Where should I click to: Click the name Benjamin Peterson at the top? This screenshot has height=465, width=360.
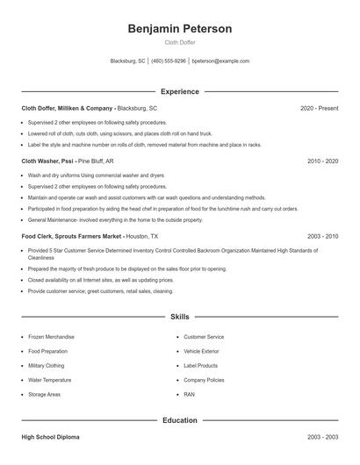coord(179,29)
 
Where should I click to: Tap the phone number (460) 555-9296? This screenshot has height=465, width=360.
coord(169,61)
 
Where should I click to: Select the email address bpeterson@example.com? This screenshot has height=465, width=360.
coord(220,61)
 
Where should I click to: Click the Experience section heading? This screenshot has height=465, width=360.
coord(179,91)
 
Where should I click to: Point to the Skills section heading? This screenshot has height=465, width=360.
coord(179,316)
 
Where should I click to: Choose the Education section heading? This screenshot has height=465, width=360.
coord(179,420)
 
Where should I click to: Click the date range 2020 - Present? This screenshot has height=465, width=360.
coord(318,108)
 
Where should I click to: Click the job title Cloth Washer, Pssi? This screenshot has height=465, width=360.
coord(48,161)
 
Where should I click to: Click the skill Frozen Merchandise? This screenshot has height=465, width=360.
coord(51,337)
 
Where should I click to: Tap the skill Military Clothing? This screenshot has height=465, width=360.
coord(47,366)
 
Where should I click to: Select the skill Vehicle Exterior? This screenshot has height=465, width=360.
coord(202,351)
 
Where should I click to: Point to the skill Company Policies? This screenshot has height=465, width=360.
coord(204,380)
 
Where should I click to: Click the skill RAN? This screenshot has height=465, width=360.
coord(189,395)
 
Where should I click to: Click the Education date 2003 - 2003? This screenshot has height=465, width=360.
coord(322,437)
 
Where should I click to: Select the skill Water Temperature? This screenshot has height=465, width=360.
coord(49,380)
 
